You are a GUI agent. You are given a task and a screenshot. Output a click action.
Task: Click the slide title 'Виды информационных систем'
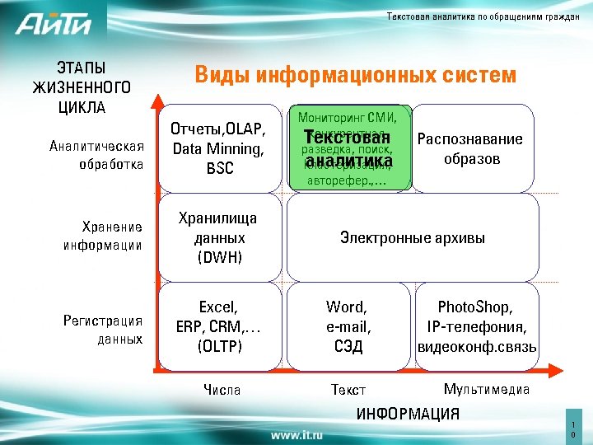point(355,76)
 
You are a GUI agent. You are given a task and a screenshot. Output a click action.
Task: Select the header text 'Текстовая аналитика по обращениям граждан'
point(483,18)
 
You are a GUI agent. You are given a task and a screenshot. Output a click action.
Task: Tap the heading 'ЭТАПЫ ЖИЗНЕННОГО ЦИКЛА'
point(82,87)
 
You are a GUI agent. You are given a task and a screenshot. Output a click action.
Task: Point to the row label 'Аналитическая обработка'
point(96,155)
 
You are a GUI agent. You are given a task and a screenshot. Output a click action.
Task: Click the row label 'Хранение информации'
point(101,236)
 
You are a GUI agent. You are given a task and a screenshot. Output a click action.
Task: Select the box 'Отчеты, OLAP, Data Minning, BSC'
point(217,149)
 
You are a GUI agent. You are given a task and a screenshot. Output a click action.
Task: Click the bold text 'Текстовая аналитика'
point(347,148)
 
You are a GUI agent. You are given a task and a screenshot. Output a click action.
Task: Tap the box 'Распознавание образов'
point(471,148)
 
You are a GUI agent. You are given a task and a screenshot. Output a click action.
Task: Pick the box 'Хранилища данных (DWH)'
point(218,237)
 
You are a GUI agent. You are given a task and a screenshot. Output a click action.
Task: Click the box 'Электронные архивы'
point(412,238)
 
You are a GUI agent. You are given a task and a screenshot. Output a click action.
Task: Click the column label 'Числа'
point(222,390)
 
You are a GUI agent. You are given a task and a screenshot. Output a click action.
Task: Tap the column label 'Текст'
point(348,390)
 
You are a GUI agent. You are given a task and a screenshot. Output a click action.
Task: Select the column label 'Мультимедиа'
point(486,389)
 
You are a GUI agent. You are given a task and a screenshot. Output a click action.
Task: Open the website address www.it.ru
point(296,433)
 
